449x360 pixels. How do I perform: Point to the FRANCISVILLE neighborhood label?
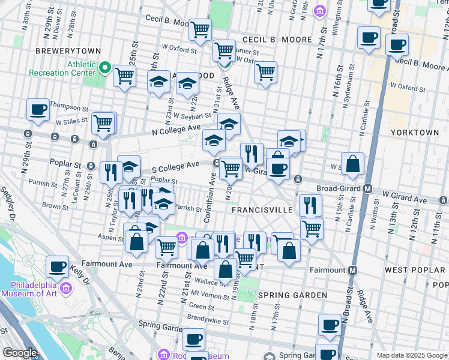[262, 211]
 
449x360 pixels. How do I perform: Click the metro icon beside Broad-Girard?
[369, 188]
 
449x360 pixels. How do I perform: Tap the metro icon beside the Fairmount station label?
[352, 271]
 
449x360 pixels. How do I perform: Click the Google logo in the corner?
[19, 353]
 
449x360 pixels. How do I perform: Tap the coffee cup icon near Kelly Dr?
[58, 266]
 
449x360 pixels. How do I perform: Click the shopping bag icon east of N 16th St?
[353, 163]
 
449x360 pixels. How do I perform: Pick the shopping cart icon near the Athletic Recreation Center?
[124, 76]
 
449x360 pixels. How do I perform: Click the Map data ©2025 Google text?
[412, 355]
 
